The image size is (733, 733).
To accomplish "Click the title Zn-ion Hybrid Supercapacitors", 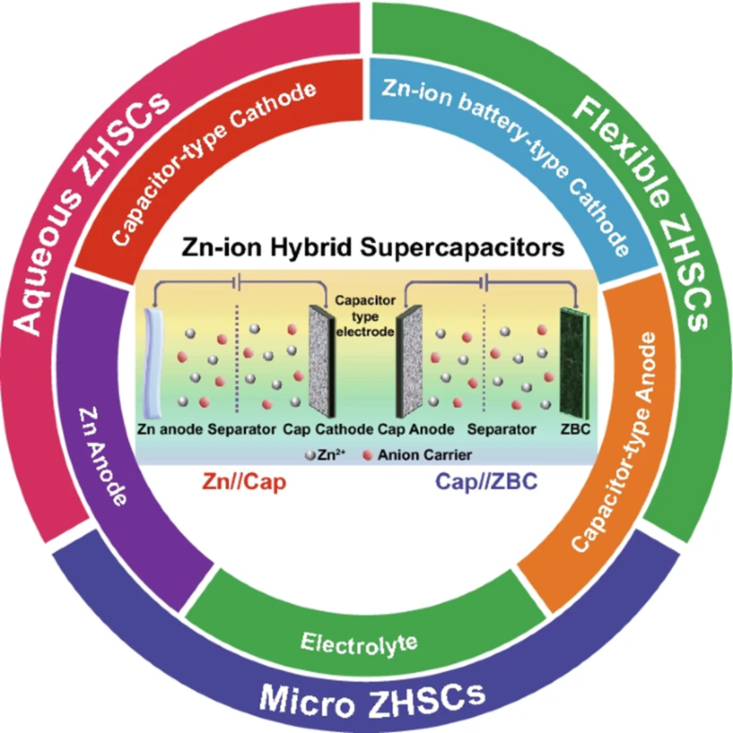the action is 373,248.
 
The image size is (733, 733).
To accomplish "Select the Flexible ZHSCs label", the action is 645,210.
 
